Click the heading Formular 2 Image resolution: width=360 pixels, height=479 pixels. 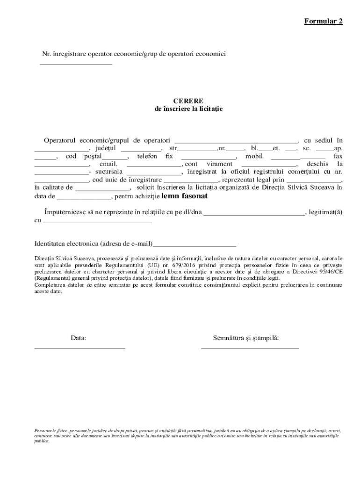pos(324,22)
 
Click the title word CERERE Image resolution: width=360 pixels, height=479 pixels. pos(188,101)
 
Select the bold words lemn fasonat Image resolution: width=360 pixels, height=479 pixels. pos(184,196)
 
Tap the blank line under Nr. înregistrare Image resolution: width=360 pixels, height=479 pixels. pos(76,64)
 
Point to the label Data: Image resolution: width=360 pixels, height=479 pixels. pos(79,337)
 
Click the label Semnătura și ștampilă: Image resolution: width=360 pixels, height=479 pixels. pos(246,337)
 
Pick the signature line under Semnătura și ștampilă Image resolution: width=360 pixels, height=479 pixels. pos(250,348)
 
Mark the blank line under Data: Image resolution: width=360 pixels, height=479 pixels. pos(79,348)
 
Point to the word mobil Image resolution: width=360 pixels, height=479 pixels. pos(254,156)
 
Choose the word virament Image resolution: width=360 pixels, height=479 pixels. pos(219,164)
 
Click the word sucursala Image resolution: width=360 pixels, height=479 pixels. pos(108,172)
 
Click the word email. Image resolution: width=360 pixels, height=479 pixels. pos(108,164)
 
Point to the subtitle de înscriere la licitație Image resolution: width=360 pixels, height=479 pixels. pos(188,109)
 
